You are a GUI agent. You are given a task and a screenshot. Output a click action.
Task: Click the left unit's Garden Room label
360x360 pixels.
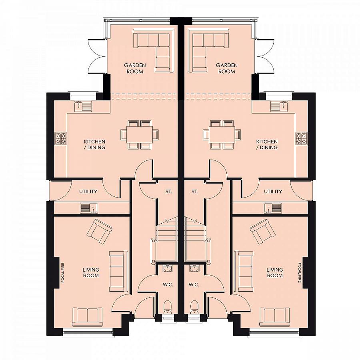point(135,68)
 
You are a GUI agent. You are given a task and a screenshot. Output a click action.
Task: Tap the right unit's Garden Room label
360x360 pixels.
point(227,68)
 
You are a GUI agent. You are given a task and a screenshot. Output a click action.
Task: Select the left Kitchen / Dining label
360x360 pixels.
point(94,144)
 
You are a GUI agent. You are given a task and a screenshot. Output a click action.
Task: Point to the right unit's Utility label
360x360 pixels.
point(273,192)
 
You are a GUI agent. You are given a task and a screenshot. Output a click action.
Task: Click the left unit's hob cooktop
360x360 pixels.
point(61,138)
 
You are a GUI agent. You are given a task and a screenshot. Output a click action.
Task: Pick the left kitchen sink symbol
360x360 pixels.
point(83,106)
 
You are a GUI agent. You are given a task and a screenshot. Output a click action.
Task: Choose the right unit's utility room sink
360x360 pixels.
point(273,208)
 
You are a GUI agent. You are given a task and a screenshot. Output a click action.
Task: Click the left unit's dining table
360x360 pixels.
point(140,134)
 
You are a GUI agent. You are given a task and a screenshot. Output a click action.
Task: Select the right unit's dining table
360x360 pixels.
point(222,134)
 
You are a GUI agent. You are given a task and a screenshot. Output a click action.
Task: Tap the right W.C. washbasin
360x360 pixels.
point(195,268)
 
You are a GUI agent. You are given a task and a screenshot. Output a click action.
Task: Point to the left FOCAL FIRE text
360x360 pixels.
point(62,272)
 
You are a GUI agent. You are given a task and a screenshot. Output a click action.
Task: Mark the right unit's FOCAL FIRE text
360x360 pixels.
point(299,272)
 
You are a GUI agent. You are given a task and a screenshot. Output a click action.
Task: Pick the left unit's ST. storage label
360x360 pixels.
point(169,192)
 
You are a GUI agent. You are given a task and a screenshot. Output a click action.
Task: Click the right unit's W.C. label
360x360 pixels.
point(194,285)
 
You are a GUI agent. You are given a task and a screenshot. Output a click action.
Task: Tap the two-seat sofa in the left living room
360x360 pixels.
point(88,317)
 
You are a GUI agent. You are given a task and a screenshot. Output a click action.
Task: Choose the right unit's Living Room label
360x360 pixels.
point(274,272)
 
